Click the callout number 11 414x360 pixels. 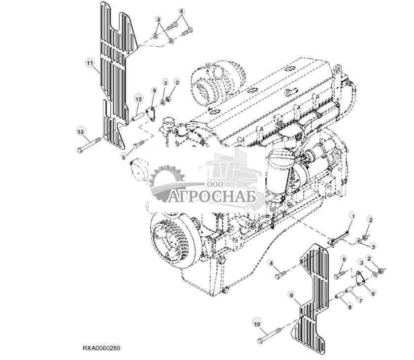click(90, 63)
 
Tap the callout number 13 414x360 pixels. click(80, 131)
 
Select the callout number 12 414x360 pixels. click(139, 99)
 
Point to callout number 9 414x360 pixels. click(291, 295)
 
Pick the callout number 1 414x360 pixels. click(352, 216)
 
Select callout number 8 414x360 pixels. click(350, 307)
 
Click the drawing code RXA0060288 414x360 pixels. click(101, 348)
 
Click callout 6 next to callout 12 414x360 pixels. click(154, 91)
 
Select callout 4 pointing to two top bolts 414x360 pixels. click(181, 11)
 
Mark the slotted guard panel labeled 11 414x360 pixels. click(113, 74)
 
